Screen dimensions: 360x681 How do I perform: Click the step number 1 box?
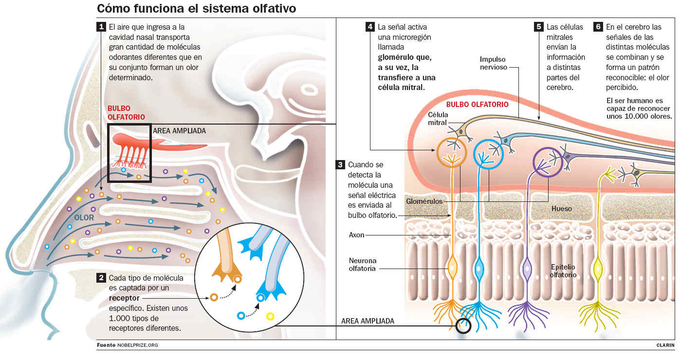pyautogui.click(x=101, y=27)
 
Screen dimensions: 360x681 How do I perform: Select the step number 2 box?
pyautogui.click(x=101, y=278)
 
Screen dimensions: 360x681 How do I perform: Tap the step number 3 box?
pyautogui.click(x=341, y=164)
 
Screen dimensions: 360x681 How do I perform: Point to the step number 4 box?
pyautogui.click(x=370, y=27)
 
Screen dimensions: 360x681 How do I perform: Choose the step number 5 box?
pyautogui.click(x=538, y=27)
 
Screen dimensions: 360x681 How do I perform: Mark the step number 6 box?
pyautogui.click(x=598, y=27)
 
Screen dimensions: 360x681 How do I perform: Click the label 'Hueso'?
pyautogui.click(x=561, y=209)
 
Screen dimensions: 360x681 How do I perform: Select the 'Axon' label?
pyautogui.click(x=356, y=235)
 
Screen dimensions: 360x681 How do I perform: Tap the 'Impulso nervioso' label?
pyautogui.click(x=493, y=63)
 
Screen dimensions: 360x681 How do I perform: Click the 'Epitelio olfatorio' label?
pyautogui.click(x=563, y=271)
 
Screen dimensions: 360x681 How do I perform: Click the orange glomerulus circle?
pyautogui.click(x=452, y=153)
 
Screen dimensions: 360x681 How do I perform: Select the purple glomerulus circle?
pyautogui.click(x=548, y=161)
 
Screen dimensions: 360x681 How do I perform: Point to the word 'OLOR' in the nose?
pyautogui.click(x=84, y=217)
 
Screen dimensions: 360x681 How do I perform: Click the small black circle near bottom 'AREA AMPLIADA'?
pyautogui.click(x=463, y=325)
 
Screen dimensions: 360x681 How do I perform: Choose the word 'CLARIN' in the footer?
pyautogui.click(x=665, y=345)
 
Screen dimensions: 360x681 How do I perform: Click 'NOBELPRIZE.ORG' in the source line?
pyautogui.click(x=138, y=345)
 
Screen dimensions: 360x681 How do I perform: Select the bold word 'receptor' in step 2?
pyautogui.click(x=124, y=298)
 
